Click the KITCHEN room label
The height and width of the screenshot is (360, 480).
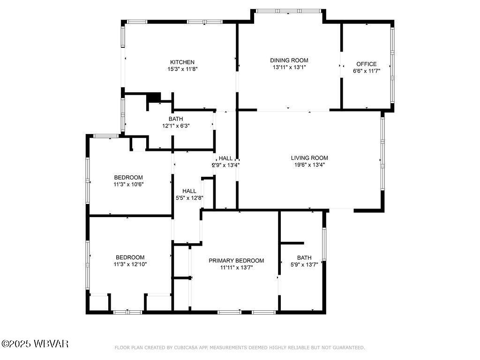[182, 62]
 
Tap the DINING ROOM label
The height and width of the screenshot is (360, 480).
[289, 60]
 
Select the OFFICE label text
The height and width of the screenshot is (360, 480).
[366, 64]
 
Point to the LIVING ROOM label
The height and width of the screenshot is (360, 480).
[309, 158]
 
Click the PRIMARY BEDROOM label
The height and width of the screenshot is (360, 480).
[236, 261]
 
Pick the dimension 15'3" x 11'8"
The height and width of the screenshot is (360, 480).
[182, 69]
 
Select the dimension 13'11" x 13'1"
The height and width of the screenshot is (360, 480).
[289, 67]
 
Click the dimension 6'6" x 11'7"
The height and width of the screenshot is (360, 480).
[366, 71]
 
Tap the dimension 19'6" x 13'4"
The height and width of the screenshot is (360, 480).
[309, 165]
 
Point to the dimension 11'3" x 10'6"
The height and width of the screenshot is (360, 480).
[128, 184]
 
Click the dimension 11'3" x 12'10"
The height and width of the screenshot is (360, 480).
[130, 264]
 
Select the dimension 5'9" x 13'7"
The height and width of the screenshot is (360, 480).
[304, 264]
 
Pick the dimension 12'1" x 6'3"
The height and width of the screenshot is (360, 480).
[176, 126]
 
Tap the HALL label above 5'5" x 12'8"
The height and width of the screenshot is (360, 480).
[189, 191]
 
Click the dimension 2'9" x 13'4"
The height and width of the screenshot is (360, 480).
[226, 165]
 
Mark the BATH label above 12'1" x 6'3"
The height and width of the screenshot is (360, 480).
[176, 119]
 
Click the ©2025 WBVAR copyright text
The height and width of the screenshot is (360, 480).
[35, 344]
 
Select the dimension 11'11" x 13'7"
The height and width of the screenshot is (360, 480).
[236, 268]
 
